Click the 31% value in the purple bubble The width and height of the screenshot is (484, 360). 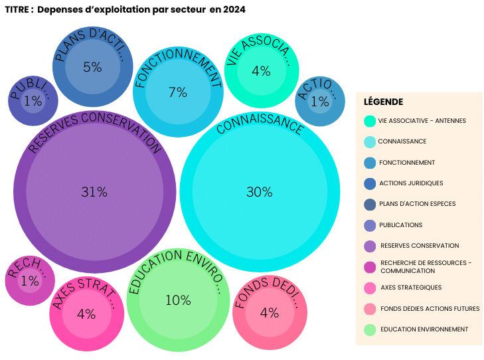[x=94, y=192]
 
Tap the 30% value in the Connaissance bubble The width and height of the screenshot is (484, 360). [x=259, y=192]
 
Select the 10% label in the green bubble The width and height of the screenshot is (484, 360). [x=178, y=300]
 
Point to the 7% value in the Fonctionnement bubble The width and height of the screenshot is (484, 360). [x=177, y=92]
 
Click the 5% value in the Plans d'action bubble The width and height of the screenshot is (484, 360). [x=92, y=67]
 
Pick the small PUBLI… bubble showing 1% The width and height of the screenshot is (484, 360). [x=33, y=101]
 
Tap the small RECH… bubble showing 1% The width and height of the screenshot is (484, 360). [x=30, y=281]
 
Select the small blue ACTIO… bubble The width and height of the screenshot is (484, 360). [x=319, y=101]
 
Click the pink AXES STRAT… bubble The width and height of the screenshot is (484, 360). [x=86, y=314]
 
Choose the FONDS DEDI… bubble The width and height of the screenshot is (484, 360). [x=270, y=313]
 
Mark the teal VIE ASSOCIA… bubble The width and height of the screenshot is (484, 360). [x=261, y=71]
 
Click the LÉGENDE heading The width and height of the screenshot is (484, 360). [x=383, y=102]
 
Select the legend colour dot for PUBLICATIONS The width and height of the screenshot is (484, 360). [x=370, y=225]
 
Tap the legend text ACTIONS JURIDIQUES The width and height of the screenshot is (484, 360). [x=410, y=183]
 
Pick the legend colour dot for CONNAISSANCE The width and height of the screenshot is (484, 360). [x=370, y=141]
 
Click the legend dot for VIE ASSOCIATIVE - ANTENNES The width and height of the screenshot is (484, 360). [x=370, y=121]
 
